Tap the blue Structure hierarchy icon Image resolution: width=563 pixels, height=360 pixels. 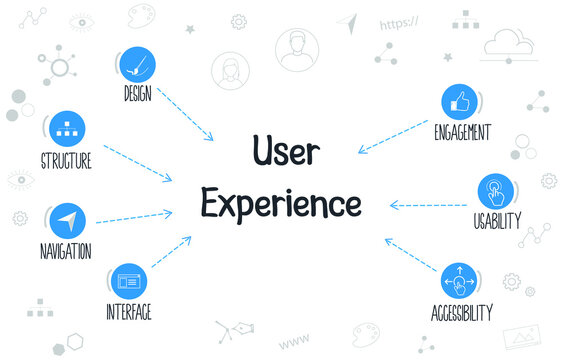[67, 128]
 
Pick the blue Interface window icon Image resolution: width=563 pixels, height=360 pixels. [128, 280]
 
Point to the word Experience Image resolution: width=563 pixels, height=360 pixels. [280, 202]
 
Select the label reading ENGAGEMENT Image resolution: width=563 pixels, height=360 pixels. [462, 132]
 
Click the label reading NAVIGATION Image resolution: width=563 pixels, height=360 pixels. [67, 251]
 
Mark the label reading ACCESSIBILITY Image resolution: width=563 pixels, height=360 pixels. [462, 313]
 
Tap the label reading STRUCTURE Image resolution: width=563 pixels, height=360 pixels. [67, 160]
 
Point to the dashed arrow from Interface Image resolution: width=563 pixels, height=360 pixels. [171, 252]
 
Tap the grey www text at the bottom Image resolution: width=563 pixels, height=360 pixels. [292, 342]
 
